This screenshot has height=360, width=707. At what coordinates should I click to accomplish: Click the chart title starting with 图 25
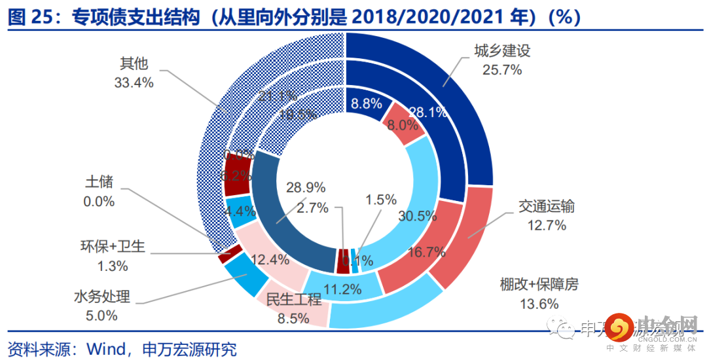tap(294, 17)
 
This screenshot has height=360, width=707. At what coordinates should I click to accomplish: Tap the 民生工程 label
tap(293, 300)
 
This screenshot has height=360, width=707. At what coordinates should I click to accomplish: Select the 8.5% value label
tap(293, 319)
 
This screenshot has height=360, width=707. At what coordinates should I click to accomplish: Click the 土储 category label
tap(99, 183)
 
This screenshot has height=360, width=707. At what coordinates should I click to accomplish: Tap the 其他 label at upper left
tap(134, 64)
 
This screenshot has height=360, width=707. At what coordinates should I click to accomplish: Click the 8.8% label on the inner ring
tap(367, 103)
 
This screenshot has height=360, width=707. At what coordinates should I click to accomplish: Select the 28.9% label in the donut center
tap(306, 187)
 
